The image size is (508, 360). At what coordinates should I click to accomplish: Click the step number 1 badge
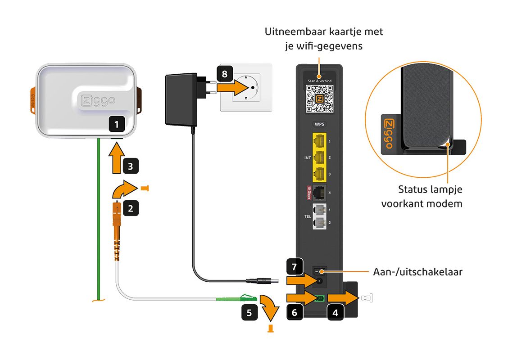[117, 123]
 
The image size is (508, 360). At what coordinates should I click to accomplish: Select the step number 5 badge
[249, 313]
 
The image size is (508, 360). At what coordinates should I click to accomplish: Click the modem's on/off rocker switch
[319, 271]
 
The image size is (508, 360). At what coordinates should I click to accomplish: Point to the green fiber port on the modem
[321, 298]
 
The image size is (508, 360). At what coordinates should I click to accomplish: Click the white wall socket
[246, 87]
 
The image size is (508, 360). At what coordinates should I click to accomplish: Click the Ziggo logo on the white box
[97, 100]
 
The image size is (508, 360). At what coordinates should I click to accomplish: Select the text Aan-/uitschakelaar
[417, 272]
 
